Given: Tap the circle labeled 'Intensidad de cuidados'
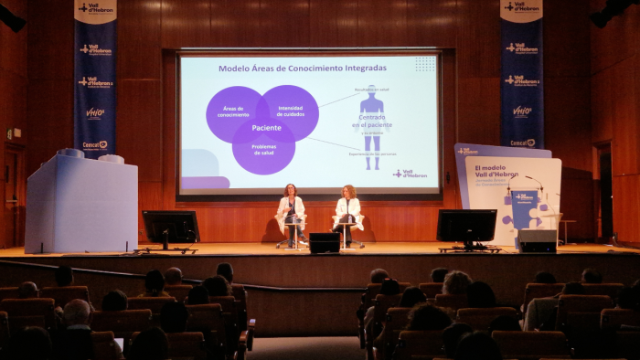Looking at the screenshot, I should tap(290, 111).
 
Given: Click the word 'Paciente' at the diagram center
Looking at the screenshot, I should tap(267, 128).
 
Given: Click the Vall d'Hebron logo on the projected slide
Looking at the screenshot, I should tap(411, 174).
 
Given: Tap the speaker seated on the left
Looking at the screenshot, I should tap(291, 212).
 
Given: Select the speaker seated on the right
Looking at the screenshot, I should tap(347, 213).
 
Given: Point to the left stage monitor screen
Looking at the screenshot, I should tap(171, 227).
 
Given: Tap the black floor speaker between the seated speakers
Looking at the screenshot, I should tap(324, 242).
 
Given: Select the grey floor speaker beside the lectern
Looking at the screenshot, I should tap(537, 239).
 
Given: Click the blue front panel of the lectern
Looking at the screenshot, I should tap(525, 210).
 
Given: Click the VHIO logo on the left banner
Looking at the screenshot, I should tap(95, 113).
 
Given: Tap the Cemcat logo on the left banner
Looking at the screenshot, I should tap(95, 144).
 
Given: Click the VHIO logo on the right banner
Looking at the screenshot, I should tap(522, 111).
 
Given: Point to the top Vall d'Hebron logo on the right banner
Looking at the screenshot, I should tap(522, 7).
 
